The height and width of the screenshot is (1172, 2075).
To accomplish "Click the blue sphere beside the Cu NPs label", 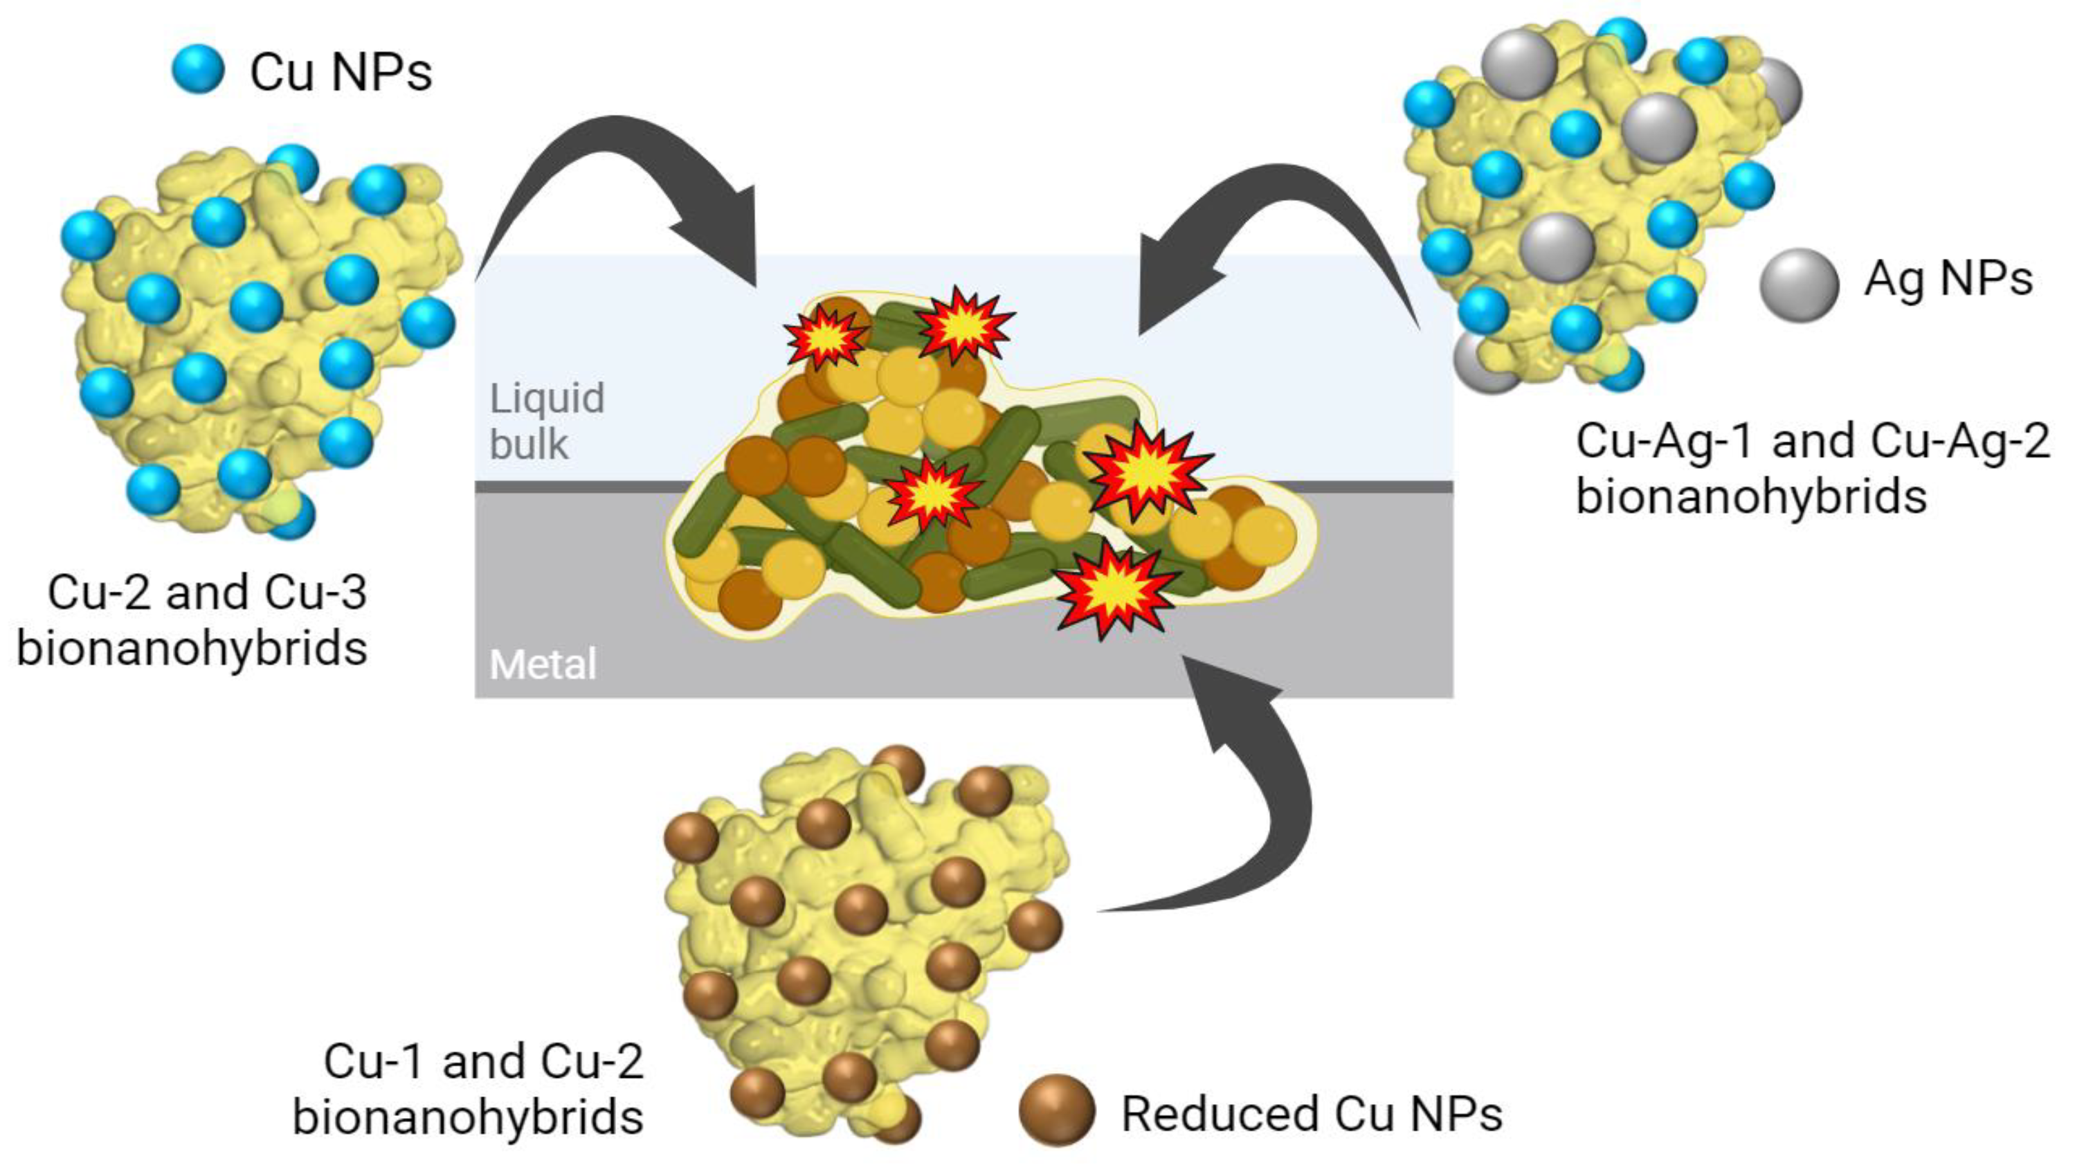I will coord(198,69).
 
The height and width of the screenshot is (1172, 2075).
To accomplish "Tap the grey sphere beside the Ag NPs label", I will coord(1799,285).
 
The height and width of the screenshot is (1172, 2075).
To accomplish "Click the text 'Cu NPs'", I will coord(341,73).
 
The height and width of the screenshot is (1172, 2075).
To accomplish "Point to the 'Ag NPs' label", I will coord(1948,280).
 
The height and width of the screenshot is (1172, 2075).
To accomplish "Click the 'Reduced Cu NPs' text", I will coord(1312,1114).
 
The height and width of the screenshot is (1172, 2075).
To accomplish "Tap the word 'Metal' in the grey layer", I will coord(543,665).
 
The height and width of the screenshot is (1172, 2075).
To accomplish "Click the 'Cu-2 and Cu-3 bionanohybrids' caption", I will coord(193,620).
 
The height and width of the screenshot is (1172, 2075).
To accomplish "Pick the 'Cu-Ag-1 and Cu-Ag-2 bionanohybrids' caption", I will coord(1813,469).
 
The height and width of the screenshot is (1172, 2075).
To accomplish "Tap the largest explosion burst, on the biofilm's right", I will coord(1147,471).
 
